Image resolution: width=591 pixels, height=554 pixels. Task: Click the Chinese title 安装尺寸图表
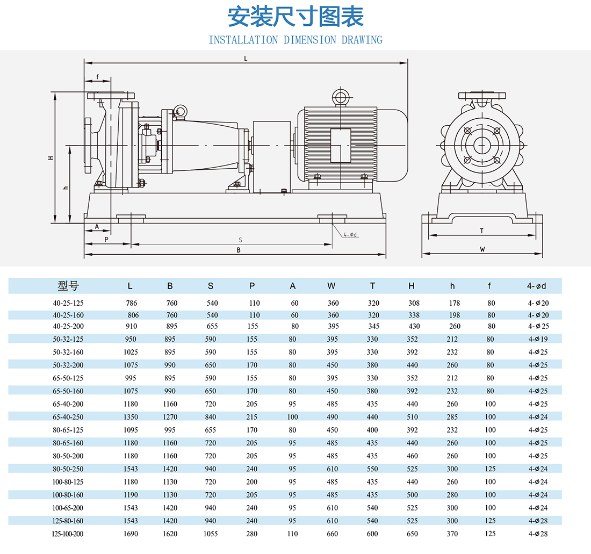pyautogui.click(x=295, y=17)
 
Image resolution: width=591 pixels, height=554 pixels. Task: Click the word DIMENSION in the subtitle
pyautogui.click(x=309, y=40)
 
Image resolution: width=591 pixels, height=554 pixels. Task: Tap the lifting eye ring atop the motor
pyautogui.click(x=341, y=97)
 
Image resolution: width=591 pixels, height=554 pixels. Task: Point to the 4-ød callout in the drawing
pyautogui.click(x=350, y=235)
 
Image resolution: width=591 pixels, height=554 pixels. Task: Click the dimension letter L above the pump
pyautogui.click(x=246, y=59)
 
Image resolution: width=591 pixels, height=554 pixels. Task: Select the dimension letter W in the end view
pyautogui.click(x=482, y=249)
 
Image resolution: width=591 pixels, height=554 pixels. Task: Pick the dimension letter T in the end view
pyautogui.click(x=482, y=231)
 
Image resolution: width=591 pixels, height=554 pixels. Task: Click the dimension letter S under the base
pyautogui.click(x=241, y=240)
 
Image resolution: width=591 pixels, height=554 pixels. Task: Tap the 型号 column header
pyautogui.click(x=68, y=286)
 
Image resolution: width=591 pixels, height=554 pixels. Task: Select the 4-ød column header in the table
pyautogui.click(x=536, y=286)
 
